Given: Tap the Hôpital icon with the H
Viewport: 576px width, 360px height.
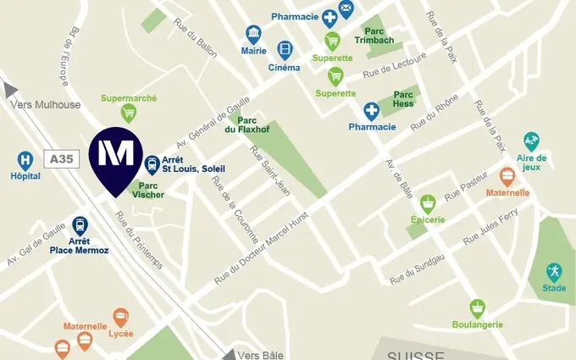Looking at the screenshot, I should (x=25, y=159).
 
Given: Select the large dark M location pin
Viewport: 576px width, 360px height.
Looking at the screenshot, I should (x=116, y=156).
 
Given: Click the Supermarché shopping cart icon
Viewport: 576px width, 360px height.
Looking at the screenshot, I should (x=129, y=112).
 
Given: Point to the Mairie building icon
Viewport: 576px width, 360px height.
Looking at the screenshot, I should (x=253, y=34).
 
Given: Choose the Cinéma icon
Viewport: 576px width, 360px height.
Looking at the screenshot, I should (x=285, y=50).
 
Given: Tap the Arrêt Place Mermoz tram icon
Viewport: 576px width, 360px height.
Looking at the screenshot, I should (x=80, y=224).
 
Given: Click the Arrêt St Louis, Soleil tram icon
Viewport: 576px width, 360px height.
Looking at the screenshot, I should (x=152, y=164).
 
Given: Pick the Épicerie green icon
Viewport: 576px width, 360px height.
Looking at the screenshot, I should (x=429, y=203).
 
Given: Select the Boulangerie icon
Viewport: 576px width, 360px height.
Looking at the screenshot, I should (x=478, y=307).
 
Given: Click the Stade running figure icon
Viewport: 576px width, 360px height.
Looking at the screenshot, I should (x=554, y=271).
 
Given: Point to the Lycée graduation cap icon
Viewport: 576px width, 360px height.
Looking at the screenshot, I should (x=120, y=318).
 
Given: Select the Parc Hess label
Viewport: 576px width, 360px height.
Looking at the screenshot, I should (x=403, y=98).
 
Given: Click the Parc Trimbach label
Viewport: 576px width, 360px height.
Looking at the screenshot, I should (x=374, y=34).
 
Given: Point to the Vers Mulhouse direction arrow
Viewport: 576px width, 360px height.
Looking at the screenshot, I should (x=10, y=89).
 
